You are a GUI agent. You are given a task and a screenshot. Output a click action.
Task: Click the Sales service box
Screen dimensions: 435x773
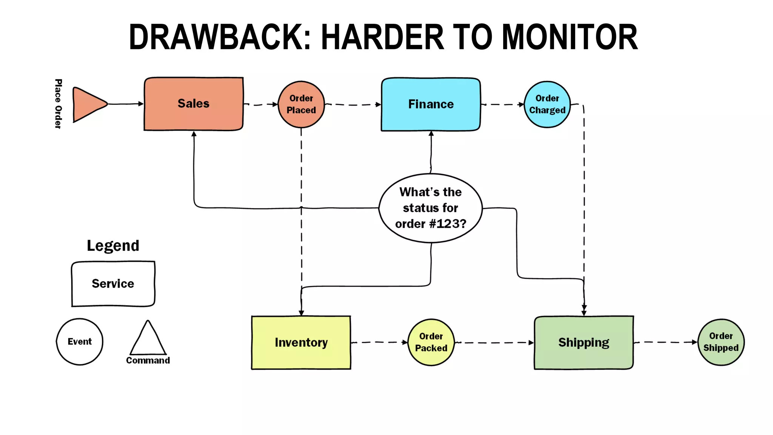[193, 104]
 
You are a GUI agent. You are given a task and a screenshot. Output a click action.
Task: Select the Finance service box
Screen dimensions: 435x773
[431, 104]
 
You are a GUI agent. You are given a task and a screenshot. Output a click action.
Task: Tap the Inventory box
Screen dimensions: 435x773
[301, 342]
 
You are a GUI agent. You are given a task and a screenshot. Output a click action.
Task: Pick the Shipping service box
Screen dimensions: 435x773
[584, 342]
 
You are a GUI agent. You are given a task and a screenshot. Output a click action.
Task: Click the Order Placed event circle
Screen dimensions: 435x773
[301, 104]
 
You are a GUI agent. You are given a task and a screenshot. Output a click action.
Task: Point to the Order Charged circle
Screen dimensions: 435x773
[547, 104]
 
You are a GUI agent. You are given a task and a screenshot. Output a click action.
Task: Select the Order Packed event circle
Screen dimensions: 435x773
[431, 342]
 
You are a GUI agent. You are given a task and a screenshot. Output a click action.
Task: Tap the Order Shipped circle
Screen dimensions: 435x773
[721, 342]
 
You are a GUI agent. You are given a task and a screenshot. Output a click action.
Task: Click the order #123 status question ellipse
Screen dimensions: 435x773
[431, 208]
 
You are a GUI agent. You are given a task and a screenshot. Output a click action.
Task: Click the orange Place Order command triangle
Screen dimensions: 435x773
[88, 104]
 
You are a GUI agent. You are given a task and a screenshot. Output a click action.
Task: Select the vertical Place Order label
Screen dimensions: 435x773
[58, 104]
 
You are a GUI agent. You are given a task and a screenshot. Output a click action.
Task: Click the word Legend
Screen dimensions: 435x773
[113, 246]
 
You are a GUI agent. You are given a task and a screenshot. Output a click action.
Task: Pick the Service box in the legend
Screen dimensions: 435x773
[113, 284]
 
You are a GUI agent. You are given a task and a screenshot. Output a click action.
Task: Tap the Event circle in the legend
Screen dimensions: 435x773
[80, 342]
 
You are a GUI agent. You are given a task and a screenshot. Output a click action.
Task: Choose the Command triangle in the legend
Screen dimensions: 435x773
[148, 340]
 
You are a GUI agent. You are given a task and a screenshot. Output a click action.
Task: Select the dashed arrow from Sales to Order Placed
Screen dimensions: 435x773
[261, 105]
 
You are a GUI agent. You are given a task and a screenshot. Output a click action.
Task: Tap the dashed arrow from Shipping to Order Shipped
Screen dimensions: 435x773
[665, 342]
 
